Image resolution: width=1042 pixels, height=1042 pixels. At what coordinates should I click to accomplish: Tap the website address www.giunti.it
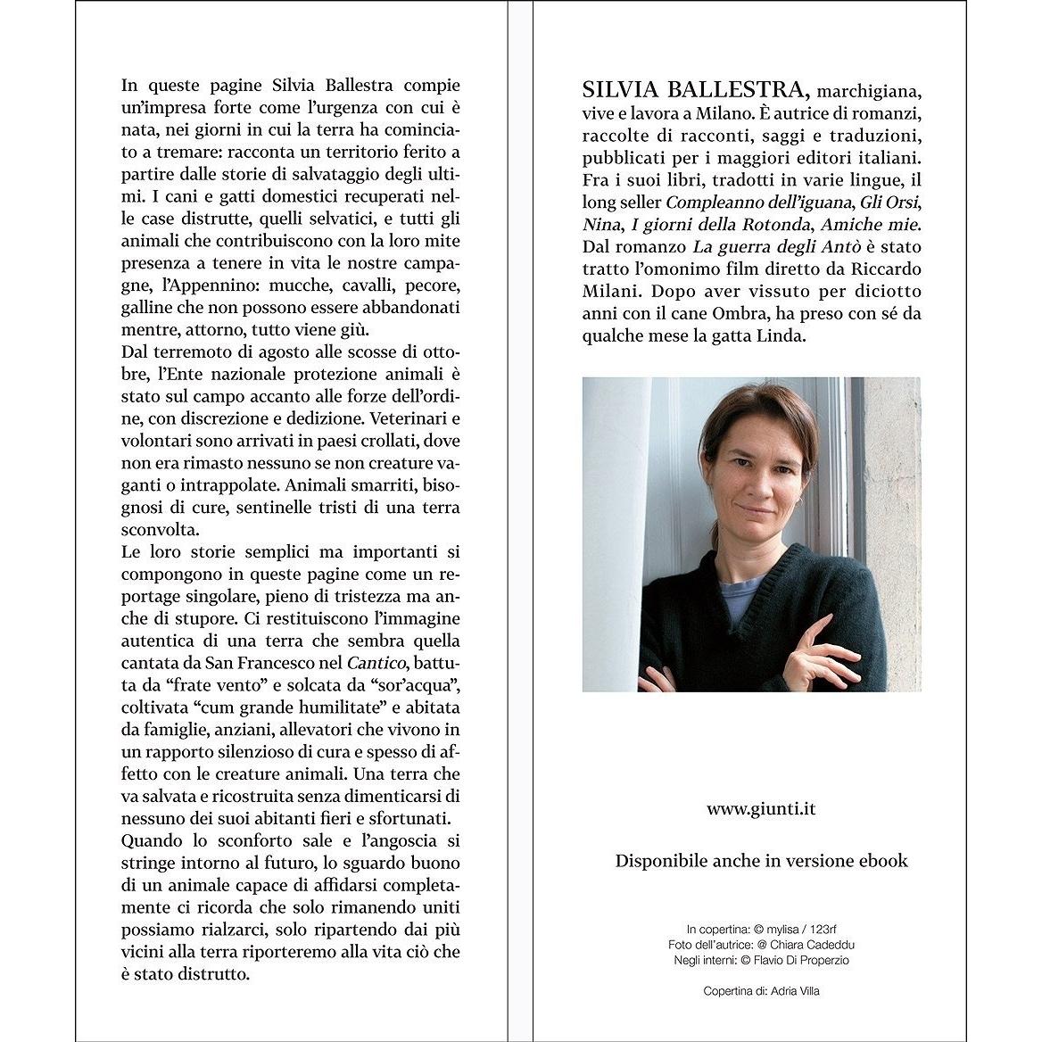click(761, 809)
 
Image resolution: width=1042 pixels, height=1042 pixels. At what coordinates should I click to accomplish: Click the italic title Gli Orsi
click(889, 203)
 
